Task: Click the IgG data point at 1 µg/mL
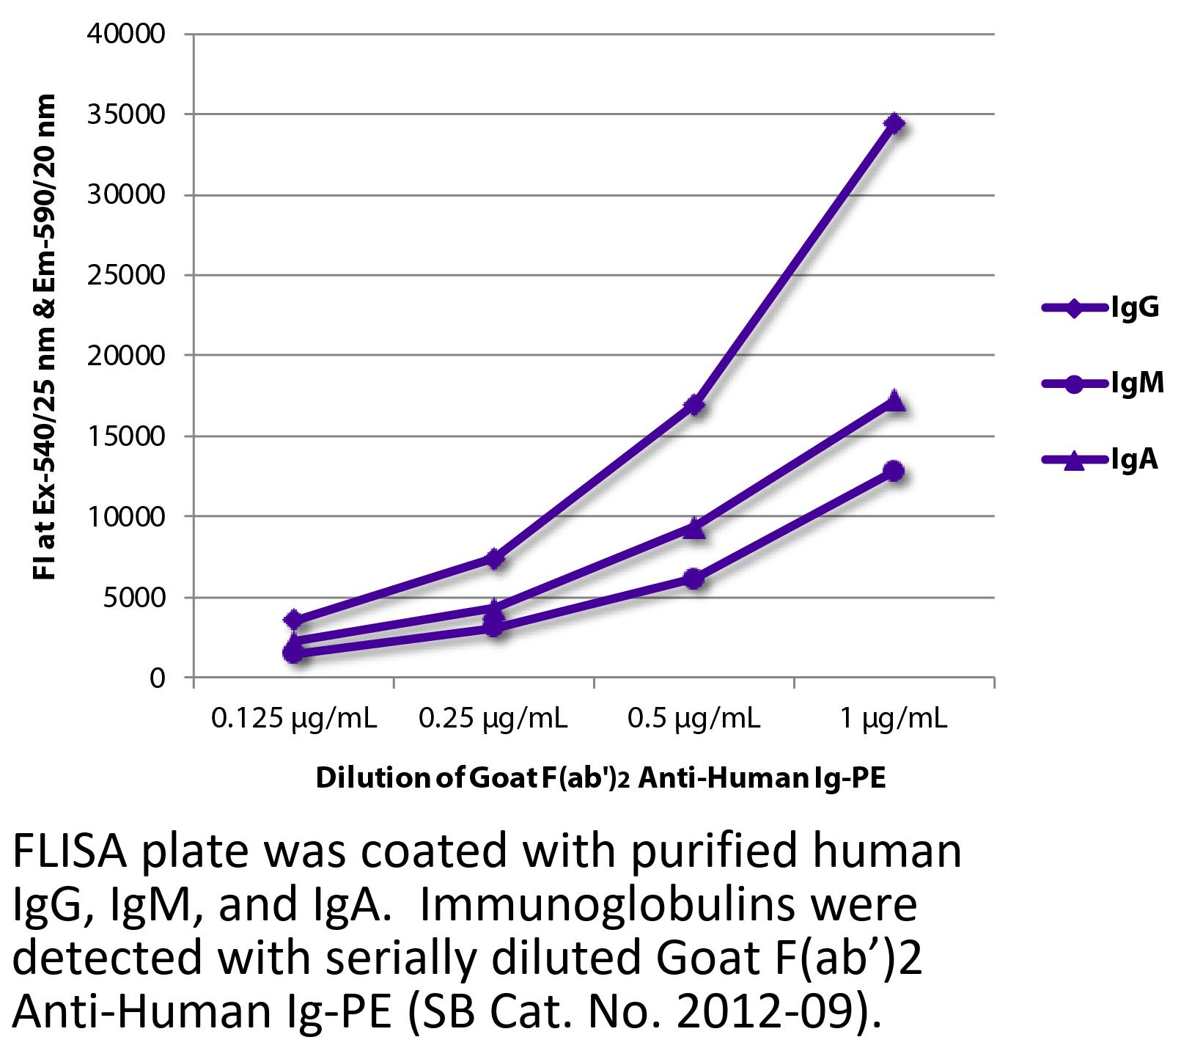(x=894, y=123)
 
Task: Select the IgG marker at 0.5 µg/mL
(x=695, y=405)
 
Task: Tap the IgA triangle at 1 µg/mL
(x=894, y=401)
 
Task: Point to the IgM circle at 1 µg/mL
(x=894, y=471)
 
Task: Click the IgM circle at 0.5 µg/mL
(x=695, y=579)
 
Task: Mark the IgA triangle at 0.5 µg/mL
(x=695, y=527)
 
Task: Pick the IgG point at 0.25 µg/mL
(x=495, y=559)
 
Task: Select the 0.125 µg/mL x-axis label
(x=294, y=718)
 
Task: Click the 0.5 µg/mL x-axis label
(x=694, y=718)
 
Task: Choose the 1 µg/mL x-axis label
(x=894, y=718)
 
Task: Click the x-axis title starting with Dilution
(x=600, y=778)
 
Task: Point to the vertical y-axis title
(x=45, y=337)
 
